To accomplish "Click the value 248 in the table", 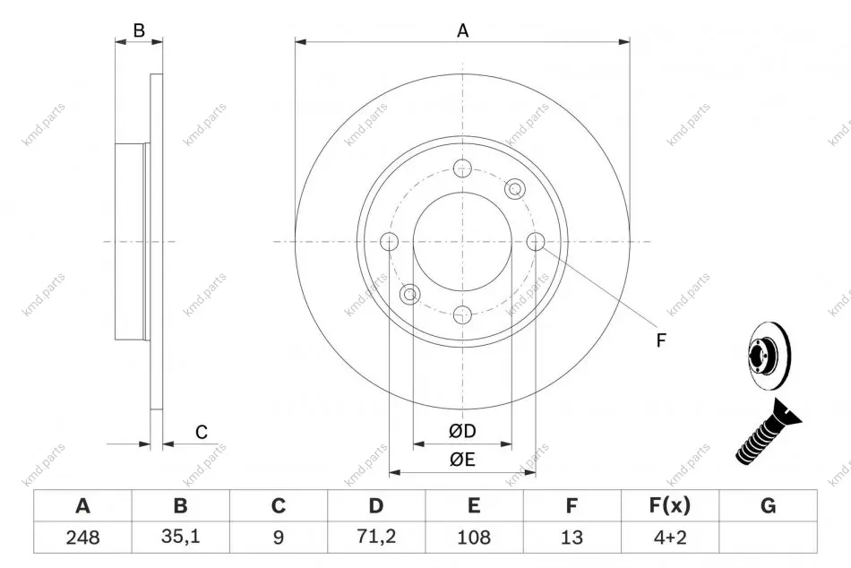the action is pyautogui.click(x=82, y=537).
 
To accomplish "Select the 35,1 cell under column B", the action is pyautogui.click(x=180, y=537).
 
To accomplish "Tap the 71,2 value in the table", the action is pyautogui.click(x=376, y=537).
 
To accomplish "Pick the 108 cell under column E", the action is pyautogui.click(x=474, y=537).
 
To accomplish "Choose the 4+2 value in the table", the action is pyautogui.click(x=670, y=537).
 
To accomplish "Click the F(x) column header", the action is pyautogui.click(x=670, y=505).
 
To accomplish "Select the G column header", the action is pyautogui.click(x=768, y=505).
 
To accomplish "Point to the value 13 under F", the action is pyautogui.click(x=572, y=537).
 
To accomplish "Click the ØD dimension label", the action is pyautogui.click(x=462, y=431).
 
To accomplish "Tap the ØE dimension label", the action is pyautogui.click(x=462, y=460).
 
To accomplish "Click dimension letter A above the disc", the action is pyautogui.click(x=462, y=31).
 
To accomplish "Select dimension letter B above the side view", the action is pyautogui.click(x=139, y=30).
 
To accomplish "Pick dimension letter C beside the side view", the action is pyautogui.click(x=202, y=432).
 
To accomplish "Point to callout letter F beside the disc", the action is pyautogui.click(x=660, y=340).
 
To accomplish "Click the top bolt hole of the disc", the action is pyautogui.click(x=462, y=168).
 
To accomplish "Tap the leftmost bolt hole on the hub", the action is pyautogui.click(x=390, y=241).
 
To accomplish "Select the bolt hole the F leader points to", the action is pyautogui.click(x=536, y=241).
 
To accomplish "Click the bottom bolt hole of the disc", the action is pyautogui.click(x=462, y=314).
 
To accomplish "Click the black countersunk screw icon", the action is pyautogui.click(x=768, y=432).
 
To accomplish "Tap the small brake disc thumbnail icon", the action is pyautogui.click(x=769, y=357).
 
